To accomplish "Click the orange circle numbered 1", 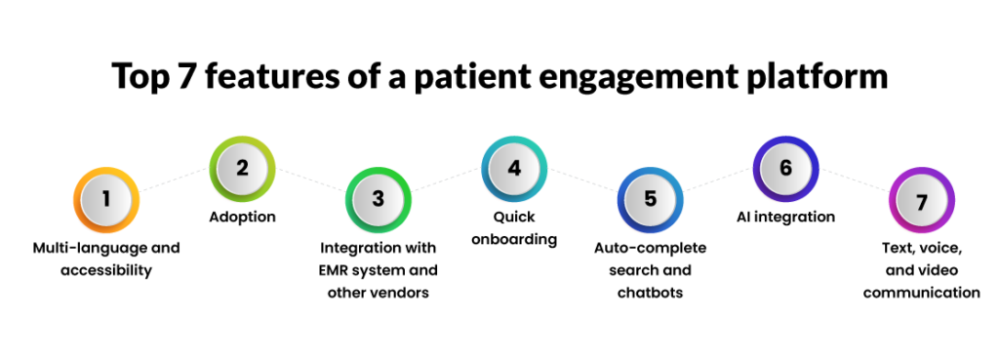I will [106, 199].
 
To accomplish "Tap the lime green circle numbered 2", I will [242, 168].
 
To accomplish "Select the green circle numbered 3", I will [379, 199].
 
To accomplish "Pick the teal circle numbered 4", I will [514, 168].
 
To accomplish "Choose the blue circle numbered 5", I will [650, 199].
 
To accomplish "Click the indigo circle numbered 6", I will [785, 168].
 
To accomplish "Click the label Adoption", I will [242, 218].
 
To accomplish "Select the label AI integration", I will [785, 218].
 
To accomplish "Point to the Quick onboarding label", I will [514, 228].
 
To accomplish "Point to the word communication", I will [921, 293].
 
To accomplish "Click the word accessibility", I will [106, 270].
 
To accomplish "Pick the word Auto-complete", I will [650, 249].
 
